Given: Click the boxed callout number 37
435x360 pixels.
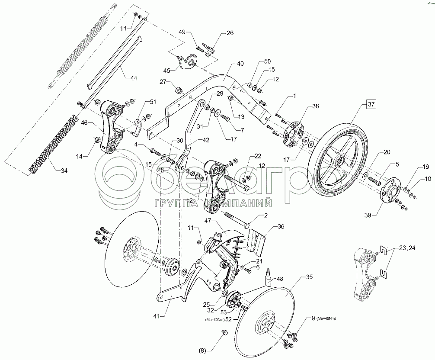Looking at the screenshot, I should point(371,104).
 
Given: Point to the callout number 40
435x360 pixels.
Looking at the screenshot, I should point(240,63).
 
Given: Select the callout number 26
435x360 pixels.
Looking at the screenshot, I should point(230,33).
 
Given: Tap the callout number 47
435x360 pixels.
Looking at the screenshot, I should point(207,221).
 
